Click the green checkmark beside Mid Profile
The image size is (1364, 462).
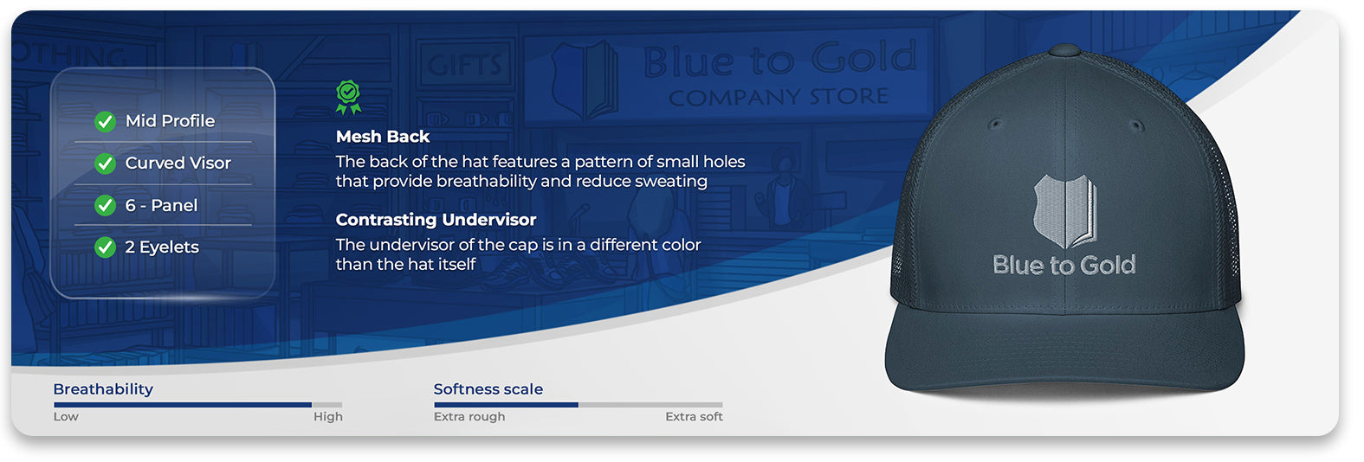point(106,121)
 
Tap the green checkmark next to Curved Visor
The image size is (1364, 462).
point(106,164)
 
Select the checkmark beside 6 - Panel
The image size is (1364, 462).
point(106,206)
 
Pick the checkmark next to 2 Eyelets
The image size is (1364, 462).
point(106,247)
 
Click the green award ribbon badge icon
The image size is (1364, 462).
point(348,98)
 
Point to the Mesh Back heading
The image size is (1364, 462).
point(383,137)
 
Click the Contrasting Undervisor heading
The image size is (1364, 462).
point(436,219)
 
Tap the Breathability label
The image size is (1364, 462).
point(103,389)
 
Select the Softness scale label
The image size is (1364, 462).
point(488,389)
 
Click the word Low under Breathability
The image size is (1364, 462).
point(66,417)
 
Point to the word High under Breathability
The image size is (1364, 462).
point(328,417)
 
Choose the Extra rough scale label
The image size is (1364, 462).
point(469,417)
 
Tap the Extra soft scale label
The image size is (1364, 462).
point(694,417)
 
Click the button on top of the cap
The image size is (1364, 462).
point(1063,49)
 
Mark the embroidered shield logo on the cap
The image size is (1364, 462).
point(1065,211)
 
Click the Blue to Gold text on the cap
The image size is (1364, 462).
point(1064,265)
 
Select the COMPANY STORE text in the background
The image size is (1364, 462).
point(779,97)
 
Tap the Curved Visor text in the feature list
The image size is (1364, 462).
point(178,164)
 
